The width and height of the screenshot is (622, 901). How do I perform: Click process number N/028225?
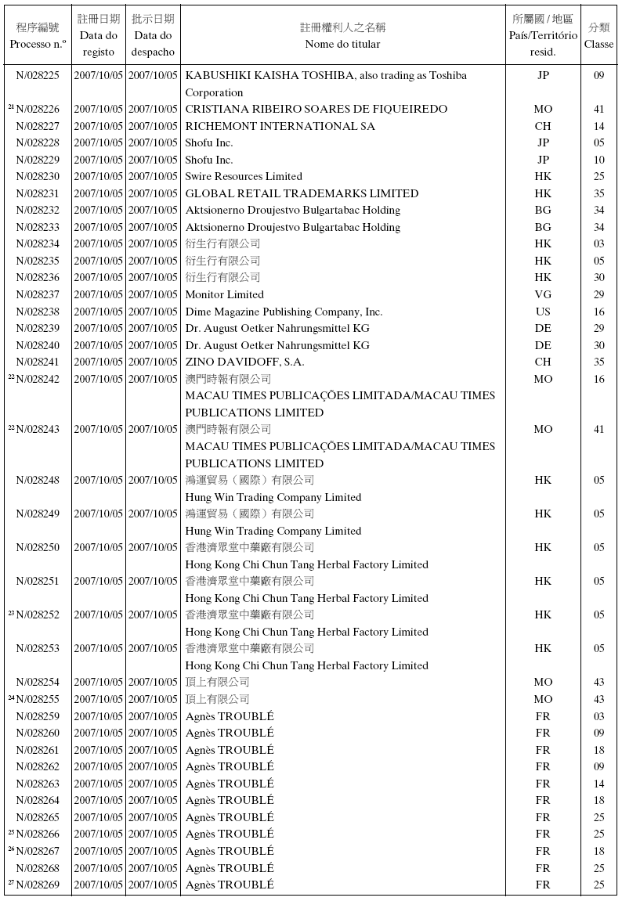(x=38, y=75)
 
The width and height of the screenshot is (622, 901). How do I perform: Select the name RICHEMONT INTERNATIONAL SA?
(x=280, y=126)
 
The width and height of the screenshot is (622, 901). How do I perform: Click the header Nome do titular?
(x=342, y=44)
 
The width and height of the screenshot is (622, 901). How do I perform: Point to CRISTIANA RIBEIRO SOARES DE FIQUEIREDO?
(x=316, y=109)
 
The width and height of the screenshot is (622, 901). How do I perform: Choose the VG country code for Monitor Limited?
(x=543, y=294)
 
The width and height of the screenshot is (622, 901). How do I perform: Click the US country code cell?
(x=543, y=312)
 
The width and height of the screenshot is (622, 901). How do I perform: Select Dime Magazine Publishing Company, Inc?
(x=284, y=312)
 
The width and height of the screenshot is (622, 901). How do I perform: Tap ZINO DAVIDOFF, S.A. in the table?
(x=244, y=362)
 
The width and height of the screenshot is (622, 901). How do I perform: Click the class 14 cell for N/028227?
(x=598, y=126)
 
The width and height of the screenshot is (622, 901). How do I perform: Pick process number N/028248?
(x=38, y=480)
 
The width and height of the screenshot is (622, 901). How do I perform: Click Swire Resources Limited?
(x=244, y=176)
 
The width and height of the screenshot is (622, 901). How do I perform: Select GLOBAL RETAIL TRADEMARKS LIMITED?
(x=302, y=193)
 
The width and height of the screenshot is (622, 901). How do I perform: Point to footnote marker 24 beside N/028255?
(x=12, y=697)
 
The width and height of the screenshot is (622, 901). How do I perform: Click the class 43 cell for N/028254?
(x=598, y=682)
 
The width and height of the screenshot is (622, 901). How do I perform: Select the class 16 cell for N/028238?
(x=598, y=312)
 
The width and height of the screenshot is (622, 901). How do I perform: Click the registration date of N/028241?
(x=99, y=362)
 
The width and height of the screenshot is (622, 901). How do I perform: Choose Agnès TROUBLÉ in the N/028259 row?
(x=230, y=715)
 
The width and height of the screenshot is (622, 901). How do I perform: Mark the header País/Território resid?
(x=543, y=44)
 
